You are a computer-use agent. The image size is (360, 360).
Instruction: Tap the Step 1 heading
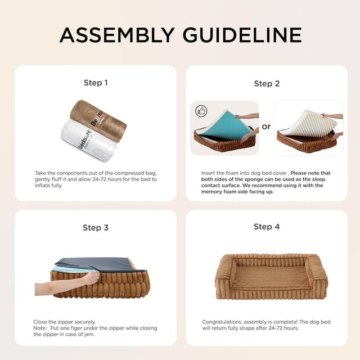pyautogui.click(x=96, y=83)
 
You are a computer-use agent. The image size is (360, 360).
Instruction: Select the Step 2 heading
pyautogui.click(x=267, y=83)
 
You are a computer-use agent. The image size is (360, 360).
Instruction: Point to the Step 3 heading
pyautogui.click(x=96, y=228)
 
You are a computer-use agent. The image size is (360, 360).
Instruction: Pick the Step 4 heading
pyautogui.click(x=267, y=227)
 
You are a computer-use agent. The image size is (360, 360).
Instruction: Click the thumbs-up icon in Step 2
pyautogui.click(x=201, y=111)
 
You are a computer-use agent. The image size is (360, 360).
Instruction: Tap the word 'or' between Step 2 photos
pyautogui.click(x=266, y=127)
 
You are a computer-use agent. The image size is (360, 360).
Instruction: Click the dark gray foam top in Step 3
pyautogui.click(x=96, y=262)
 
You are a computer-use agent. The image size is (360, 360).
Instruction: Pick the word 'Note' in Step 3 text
pyautogui.click(x=39, y=328)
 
